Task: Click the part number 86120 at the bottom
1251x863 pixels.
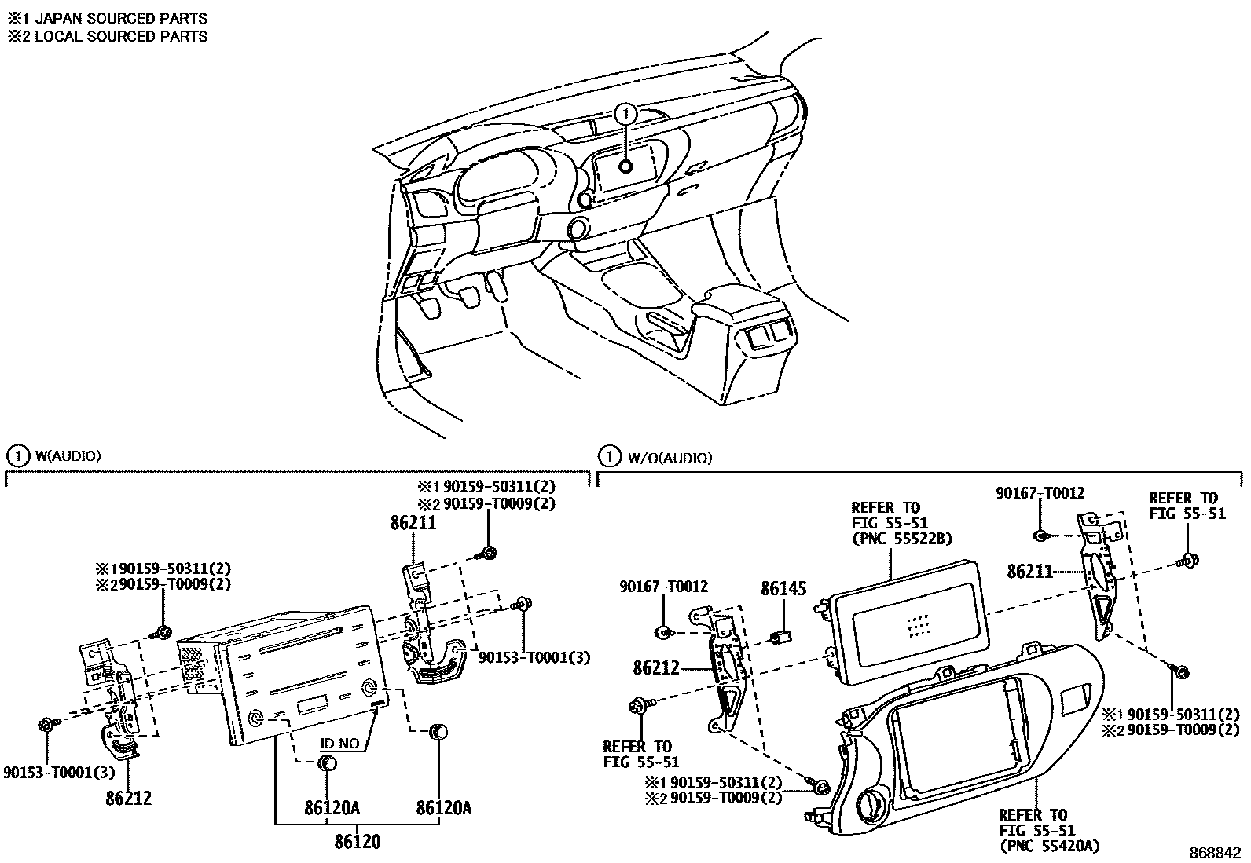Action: click(x=357, y=842)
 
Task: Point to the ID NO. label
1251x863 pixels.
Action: click(x=341, y=742)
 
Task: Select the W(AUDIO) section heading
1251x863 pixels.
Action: click(x=67, y=455)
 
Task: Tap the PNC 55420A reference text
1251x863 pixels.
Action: click(x=1049, y=846)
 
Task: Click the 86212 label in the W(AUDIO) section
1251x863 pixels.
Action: click(x=128, y=799)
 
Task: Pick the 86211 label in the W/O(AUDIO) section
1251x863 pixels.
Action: click(x=1029, y=572)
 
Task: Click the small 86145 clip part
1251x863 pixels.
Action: click(x=781, y=638)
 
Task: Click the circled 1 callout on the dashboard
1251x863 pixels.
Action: click(x=625, y=115)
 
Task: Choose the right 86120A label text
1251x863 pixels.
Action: click(x=443, y=808)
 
